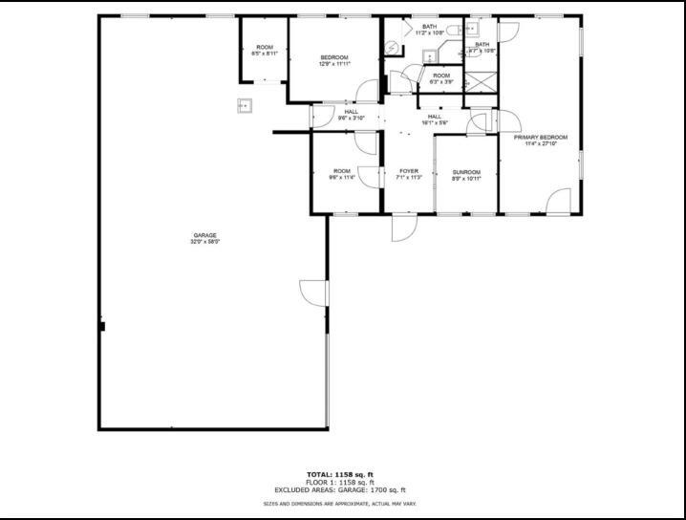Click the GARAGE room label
(x=205, y=238)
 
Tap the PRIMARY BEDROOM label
(x=540, y=141)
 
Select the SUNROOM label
(x=466, y=175)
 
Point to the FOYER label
(x=408, y=175)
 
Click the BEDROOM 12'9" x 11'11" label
(x=333, y=60)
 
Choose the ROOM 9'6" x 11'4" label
(x=341, y=174)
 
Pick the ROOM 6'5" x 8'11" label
(x=264, y=51)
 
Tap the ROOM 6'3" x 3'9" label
(x=440, y=78)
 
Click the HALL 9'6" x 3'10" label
(x=351, y=115)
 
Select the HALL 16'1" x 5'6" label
(x=435, y=119)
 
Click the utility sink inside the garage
(x=244, y=106)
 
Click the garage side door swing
(x=313, y=292)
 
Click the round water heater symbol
(x=392, y=49)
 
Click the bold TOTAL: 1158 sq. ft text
(x=340, y=474)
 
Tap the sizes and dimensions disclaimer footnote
(x=340, y=504)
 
